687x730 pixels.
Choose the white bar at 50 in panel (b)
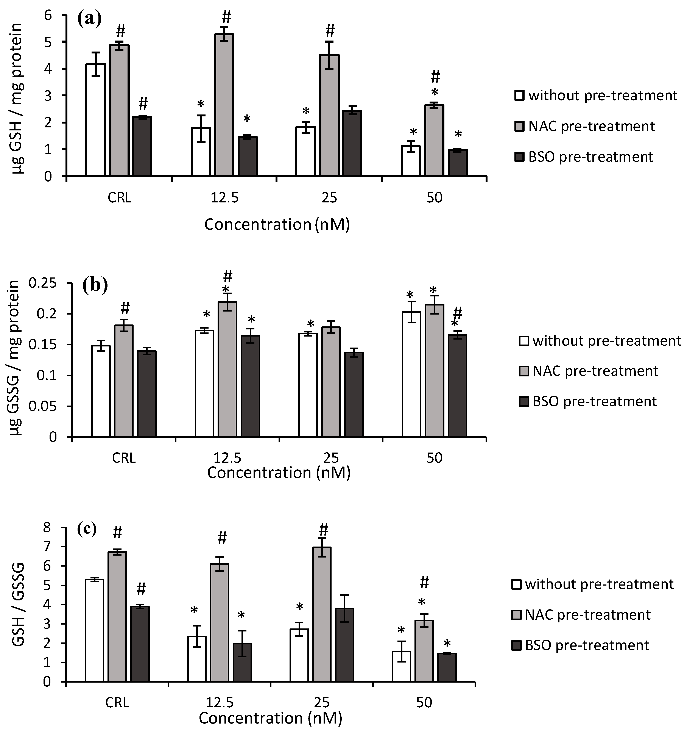coord(411,374)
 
